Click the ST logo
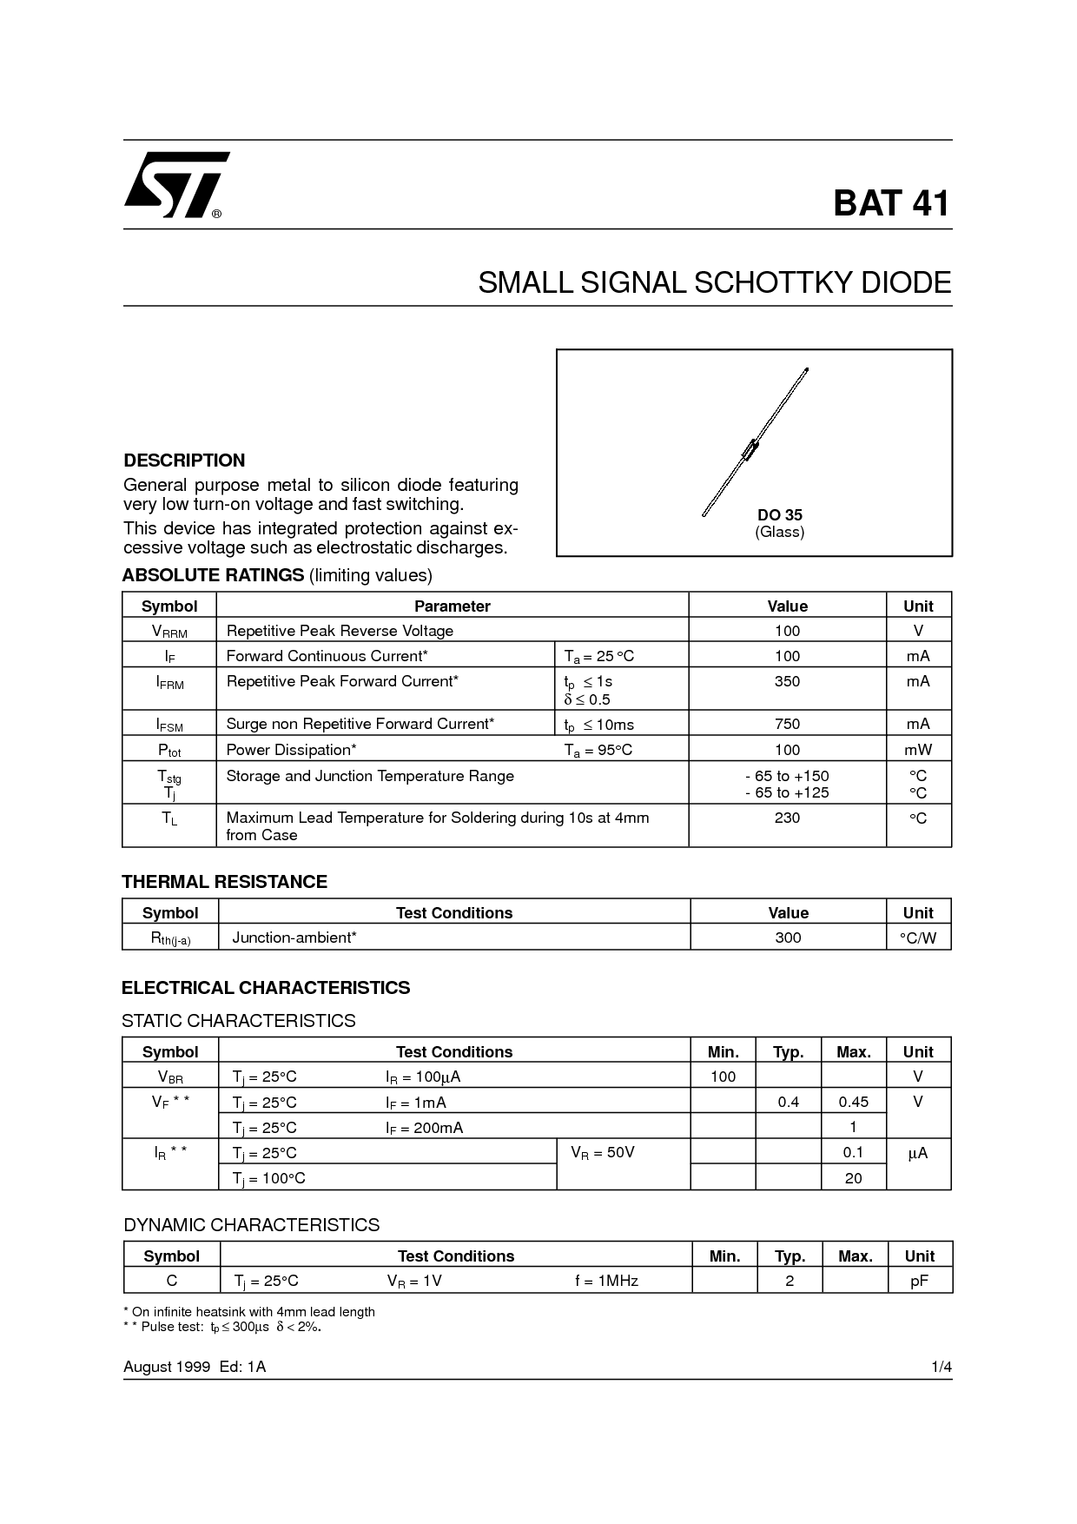coord(176,184)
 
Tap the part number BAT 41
coord(891,203)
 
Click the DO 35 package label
coord(779,515)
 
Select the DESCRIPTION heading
coord(184,461)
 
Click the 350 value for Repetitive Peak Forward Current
coord(787,681)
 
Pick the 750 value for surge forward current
coord(787,724)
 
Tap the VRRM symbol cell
coord(169,632)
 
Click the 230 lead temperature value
coord(787,818)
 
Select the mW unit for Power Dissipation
coord(918,750)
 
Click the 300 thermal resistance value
coord(788,938)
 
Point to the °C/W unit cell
coord(918,938)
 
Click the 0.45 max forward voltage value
coord(853,1102)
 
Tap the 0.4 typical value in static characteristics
coord(788,1102)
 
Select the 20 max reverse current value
coord(853,1178)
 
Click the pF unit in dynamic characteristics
coord(919,1281)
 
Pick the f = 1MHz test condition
coord(606,1281)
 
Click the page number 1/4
coord(942,1367)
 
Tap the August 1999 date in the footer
coord(167,1367)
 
